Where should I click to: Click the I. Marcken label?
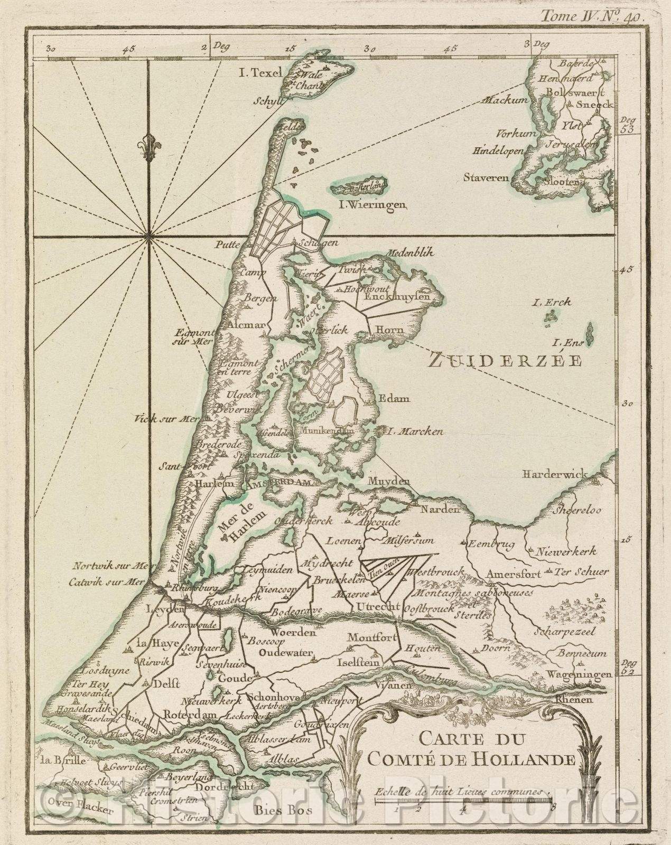coord(414,431)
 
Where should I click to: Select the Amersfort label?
coord(515,574)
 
